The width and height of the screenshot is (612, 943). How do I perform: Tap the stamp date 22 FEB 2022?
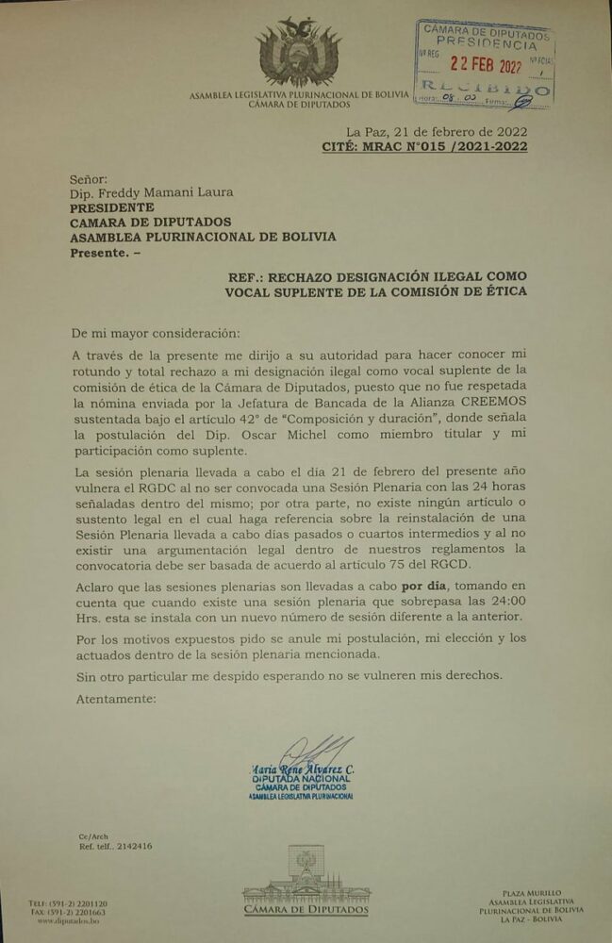tap(485, 65)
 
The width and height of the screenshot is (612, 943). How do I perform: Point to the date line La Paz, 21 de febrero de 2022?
tap(437, 131)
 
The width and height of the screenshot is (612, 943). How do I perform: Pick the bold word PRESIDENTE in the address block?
tap(111, 207)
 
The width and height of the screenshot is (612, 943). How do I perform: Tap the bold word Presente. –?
tap(108, 252)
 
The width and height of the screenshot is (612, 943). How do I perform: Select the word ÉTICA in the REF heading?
tap(503, 291)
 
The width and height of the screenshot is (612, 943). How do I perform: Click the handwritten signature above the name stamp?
tap(311, 751)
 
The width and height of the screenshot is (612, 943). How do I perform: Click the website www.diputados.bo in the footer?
tap(69, 920)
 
